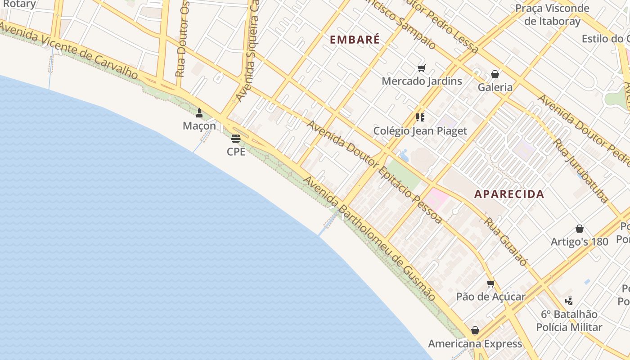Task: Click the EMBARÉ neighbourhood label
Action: point(355,40)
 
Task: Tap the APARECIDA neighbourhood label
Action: point(509,194)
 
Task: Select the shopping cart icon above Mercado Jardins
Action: point(421,68)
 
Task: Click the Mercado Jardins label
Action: point(422,81)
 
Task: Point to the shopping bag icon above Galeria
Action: point(495,74)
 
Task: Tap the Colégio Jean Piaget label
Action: point(420,131)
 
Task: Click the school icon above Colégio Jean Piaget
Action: point(420,118)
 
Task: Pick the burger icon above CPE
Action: point(236,139)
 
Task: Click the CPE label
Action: point(236,152)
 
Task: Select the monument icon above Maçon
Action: point(199,113)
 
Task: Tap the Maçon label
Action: point(199,126)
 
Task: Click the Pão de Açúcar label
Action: point(490,297)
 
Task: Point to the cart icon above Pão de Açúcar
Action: point(490,284)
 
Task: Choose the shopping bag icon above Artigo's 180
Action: point(580,229)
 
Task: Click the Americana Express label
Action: point(475,344)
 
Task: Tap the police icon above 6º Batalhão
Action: point(569,301)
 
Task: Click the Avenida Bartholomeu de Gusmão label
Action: point(369,238)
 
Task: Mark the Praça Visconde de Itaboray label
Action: point(552,14)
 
